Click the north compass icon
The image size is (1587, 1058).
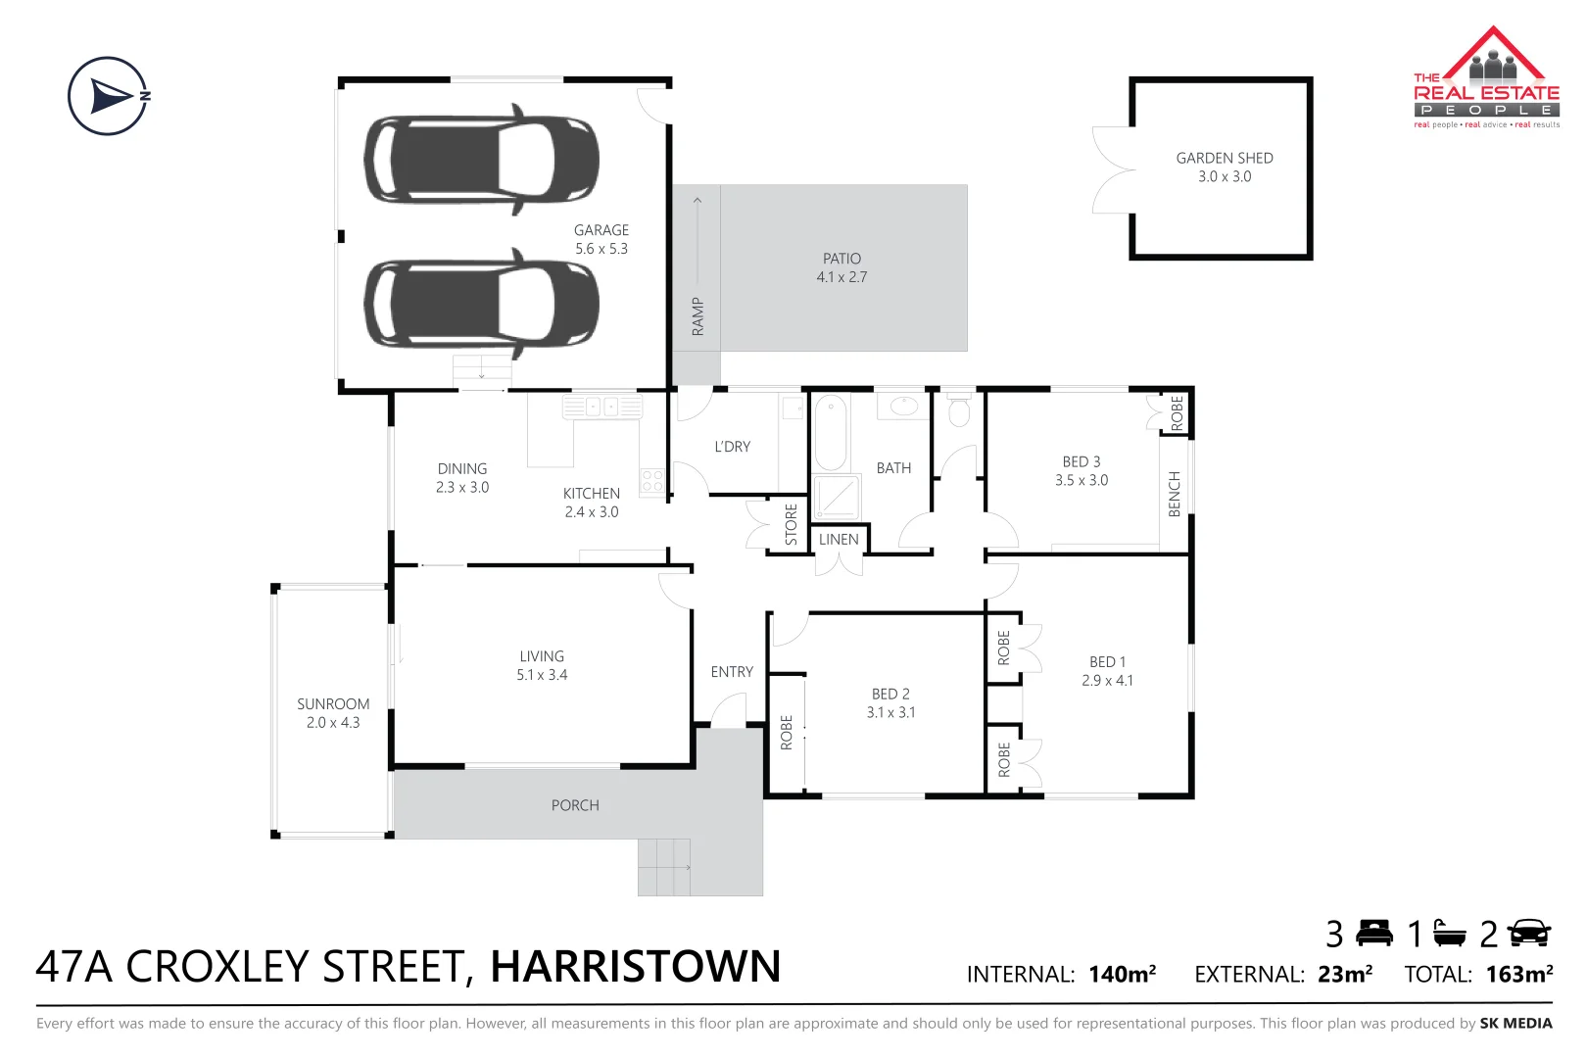[x=109, y=96]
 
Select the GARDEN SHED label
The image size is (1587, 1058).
[x=1224, y=158]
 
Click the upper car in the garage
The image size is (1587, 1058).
[x=481, y=160]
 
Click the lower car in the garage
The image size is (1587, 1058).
[x=481, y=304]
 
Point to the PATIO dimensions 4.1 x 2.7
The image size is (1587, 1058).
[x=842, y=277]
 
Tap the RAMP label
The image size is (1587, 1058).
[x=697, y=316]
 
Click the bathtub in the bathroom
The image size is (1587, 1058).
[x=831, y=432]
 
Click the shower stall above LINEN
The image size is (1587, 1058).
[x=836, y=497]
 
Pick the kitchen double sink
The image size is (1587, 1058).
[x=601, y=406]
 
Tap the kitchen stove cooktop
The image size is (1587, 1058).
[x=651, y=480]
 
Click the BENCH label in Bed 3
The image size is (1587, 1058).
[x=1175, y=494]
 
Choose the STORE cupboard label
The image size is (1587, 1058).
[x=792, y=524]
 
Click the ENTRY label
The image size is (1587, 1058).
[x=732, y=672]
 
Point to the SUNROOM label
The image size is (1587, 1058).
[x=333, y=704]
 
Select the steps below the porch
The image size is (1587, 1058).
[x=664, y=867]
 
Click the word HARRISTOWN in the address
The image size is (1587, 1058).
[x=635, y=967]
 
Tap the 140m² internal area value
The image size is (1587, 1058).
[x=1122, y=975]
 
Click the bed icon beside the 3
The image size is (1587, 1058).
[x=1374, y=934]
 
